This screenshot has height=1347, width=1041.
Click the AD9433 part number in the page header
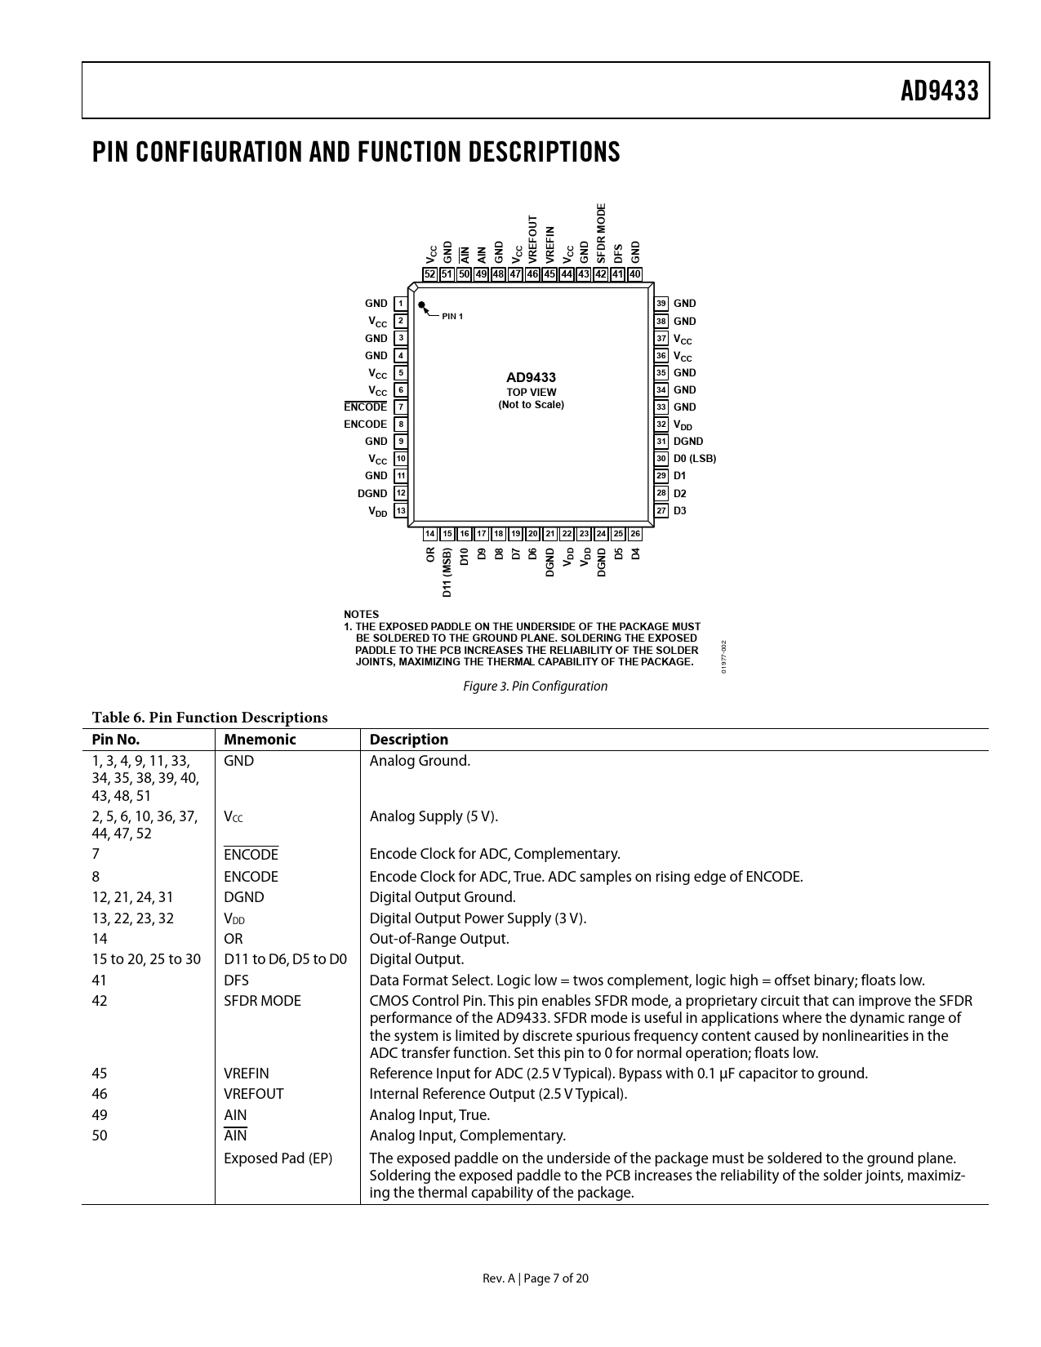(939, 91)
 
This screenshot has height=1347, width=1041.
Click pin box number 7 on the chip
(400, 407)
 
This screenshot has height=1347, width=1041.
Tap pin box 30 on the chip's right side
(661, 459)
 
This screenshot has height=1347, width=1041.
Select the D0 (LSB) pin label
(694, 459)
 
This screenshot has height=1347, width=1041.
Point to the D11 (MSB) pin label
(447, 572)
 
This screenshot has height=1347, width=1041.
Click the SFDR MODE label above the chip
(602, 232)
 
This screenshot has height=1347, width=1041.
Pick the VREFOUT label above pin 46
(533, 238)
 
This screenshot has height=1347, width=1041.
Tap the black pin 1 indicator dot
(422, 306)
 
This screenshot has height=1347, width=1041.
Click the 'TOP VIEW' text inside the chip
(531, 392)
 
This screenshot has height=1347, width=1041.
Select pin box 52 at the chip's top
(430, 274)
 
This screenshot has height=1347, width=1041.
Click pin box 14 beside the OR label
(430, 534)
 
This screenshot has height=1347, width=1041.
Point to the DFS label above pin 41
(619, 252)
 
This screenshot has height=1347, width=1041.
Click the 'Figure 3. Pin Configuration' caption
(535, 687)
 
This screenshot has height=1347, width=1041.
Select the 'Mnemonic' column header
(260, 740)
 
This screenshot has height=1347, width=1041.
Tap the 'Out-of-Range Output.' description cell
(439, 939)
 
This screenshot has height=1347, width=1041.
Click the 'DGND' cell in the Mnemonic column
(244, 897)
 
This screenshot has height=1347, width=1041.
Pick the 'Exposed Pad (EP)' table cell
(278, 1158)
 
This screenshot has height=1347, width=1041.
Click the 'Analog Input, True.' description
(429, 1115)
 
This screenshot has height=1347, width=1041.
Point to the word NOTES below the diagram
(361, 614)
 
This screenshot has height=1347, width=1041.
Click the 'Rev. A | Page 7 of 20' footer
(535, 1278)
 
